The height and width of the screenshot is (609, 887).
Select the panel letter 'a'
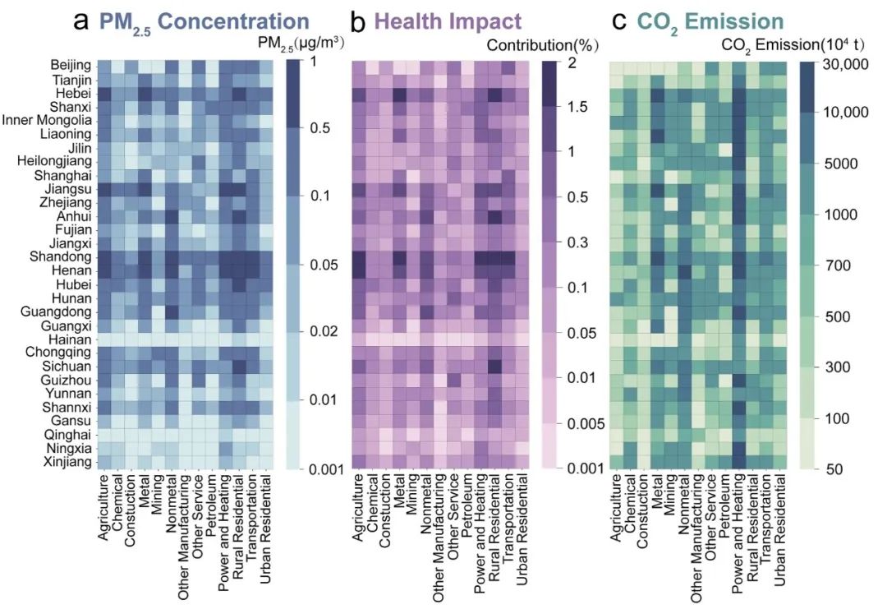pyautogui.click(x=82, y=20)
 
